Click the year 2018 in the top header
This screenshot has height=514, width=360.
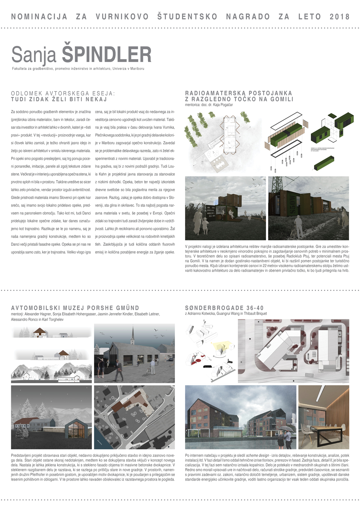tap(339, 17)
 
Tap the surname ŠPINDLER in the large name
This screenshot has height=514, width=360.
tap(106, 54)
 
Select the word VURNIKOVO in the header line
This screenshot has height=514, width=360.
tap(122, 17)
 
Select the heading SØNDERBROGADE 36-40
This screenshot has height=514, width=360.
tap(224, 308)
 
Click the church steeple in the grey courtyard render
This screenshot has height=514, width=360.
tap(132, 335)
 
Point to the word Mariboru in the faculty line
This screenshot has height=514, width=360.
tap(137, 68)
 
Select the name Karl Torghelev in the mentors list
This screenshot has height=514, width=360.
tap(51, 320)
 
